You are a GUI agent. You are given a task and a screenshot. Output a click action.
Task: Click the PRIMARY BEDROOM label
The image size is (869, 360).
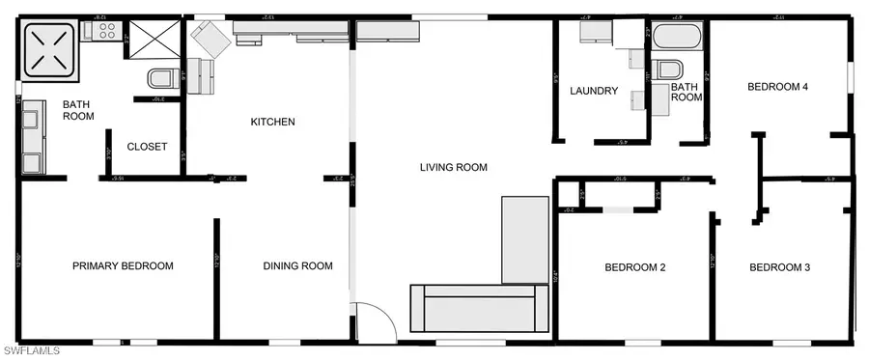[123, 266]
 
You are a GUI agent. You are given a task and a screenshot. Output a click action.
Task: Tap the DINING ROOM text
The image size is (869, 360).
[297, 266]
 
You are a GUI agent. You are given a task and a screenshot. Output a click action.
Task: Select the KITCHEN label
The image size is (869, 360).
[272, 122]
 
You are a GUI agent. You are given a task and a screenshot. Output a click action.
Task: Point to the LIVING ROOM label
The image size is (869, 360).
[453, 167]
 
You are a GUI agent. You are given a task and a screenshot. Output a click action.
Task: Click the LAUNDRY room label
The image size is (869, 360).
[593, 91]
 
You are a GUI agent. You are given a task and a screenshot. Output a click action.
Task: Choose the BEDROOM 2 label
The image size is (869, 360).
[635, 267]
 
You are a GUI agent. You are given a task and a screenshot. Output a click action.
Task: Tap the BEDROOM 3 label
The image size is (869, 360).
[779, 267]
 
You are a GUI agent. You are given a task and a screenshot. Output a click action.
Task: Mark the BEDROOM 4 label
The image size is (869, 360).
[777, 87]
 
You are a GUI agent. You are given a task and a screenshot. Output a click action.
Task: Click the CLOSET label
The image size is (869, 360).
[147, 148]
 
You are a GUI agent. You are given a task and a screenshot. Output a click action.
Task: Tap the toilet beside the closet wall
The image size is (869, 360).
[161, 76]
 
